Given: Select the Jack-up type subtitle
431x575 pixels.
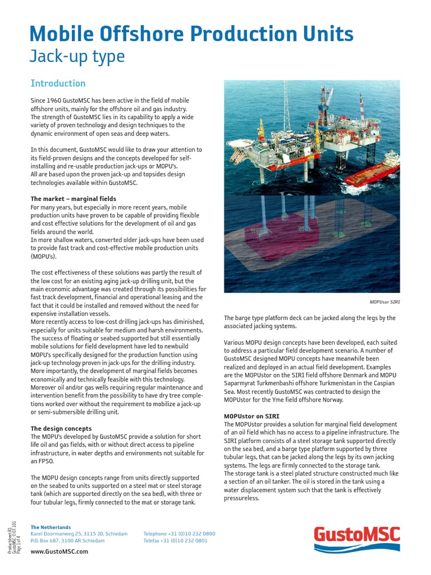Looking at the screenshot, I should tap(77, 57).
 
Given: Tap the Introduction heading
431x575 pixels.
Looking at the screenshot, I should tap(58, 83).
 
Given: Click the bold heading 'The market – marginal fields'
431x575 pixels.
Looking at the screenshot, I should tap(74, 199).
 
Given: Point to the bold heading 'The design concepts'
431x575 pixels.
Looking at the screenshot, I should tap(61, 428).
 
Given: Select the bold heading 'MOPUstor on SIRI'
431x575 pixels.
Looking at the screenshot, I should tap(251, 416).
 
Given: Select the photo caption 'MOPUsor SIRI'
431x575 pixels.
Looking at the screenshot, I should tap(384, 302).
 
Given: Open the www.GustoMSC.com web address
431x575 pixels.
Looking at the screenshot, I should tap(59, 552).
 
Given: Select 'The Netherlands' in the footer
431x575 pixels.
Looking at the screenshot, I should tap(51, 527).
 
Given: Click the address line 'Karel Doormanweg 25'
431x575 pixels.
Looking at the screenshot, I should tap(79, 533).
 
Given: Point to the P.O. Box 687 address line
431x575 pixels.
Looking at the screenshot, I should tap(67, 541).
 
